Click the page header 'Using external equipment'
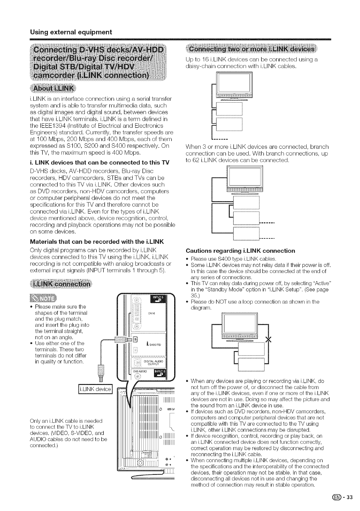(71, 32)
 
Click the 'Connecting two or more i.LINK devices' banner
(252, 49)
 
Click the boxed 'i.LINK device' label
(95, 390)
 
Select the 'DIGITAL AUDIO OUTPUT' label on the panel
(154, 362)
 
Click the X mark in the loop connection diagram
(269, 340)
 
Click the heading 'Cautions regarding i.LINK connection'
(240, 251)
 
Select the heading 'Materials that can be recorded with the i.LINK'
(97, 242)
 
